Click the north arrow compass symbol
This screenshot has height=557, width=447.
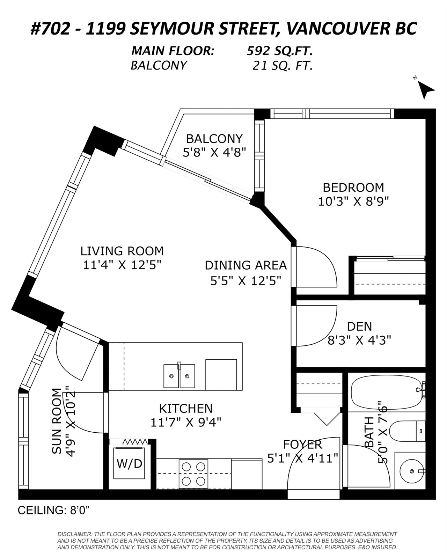pyautogui.click(x=426, y=90)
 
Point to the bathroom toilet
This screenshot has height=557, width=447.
pyautogui.click(x=408, y=431)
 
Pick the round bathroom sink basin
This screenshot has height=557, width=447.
pyautogui.click(x=411, y=471)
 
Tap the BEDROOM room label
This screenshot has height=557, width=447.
pyautogui.click(x=353, y=188)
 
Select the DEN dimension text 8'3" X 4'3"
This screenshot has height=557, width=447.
pyautogui.click(x=359, y=340)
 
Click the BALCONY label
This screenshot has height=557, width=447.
pyautogui.click(x=214, y=139)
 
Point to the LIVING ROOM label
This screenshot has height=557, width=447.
pyautogui.click(x=122, y=251)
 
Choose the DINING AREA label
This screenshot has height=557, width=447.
pyautogui.click(x=246, y=265)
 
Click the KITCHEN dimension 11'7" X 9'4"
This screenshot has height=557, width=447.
pyautogui.click(x=186, y=423)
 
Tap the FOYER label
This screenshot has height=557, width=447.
pyautogui.click(x=302, y=445)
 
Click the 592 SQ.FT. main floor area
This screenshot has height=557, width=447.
pyautogui.click(x=280, y=51)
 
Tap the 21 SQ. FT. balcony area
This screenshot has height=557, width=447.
pyautogui.click(x=283, y=66)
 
